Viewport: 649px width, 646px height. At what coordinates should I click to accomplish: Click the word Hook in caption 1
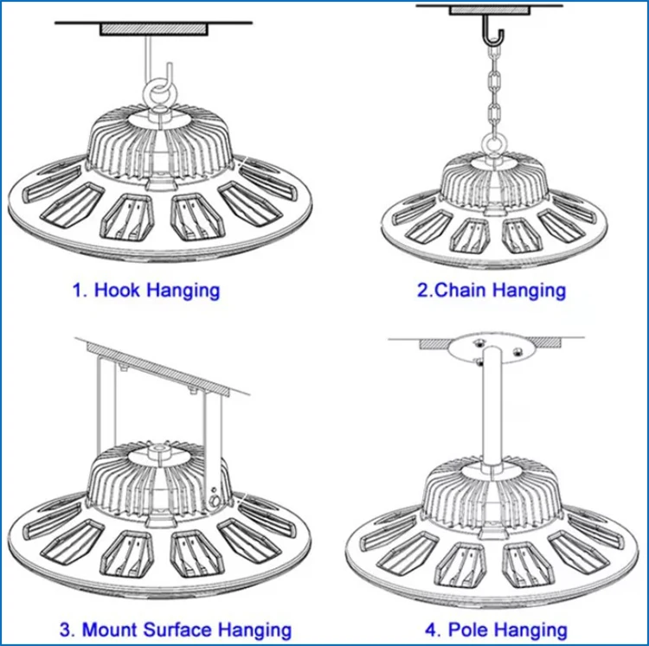[x=117, y=290]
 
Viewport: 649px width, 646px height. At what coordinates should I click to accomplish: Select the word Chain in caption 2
[x=462, y=290]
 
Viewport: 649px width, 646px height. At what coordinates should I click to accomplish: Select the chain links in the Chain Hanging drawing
[x=494, y=95]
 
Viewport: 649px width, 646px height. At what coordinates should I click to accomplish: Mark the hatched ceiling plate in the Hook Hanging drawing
[x=154, y=29]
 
